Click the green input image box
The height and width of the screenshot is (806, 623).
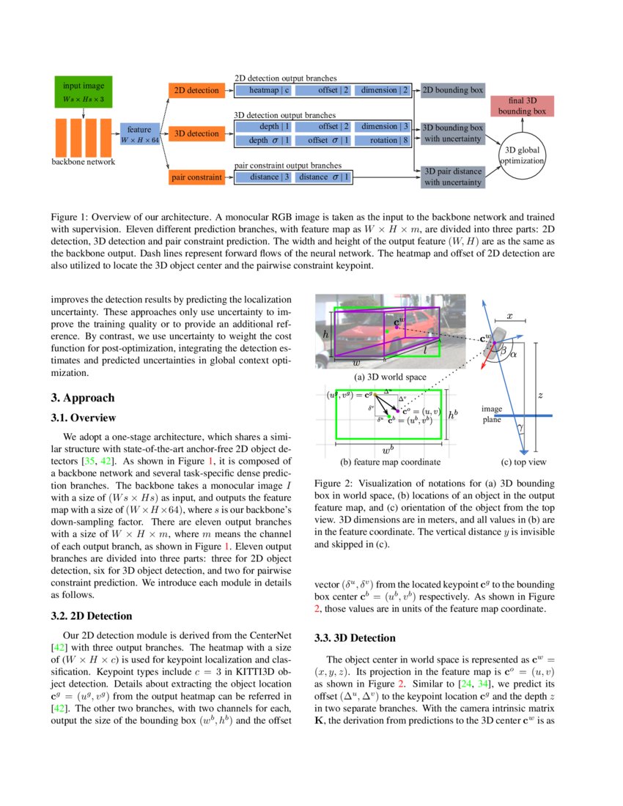[x=83, y=92]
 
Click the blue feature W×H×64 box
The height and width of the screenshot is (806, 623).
[x=139, y=134]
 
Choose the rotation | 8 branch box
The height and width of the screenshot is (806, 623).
[x=384, y=140]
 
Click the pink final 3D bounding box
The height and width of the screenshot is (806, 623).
[x=522, y=106]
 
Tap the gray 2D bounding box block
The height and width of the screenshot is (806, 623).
[x=453, y=90]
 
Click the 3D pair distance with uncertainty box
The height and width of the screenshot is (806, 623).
[x=453, y=177]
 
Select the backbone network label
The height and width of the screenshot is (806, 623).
[x=83, y=162]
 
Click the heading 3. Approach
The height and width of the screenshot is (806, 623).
[x=83, y=398]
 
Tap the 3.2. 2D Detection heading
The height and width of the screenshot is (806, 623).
[x=92, y=615]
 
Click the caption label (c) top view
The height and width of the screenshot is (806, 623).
[x=523, y=462]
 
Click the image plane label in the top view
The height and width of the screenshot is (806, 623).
[x=492, y=414]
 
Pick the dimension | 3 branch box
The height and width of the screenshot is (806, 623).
[x=384, y=127]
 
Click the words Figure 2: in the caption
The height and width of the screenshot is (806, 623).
[x=333, y=484]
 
